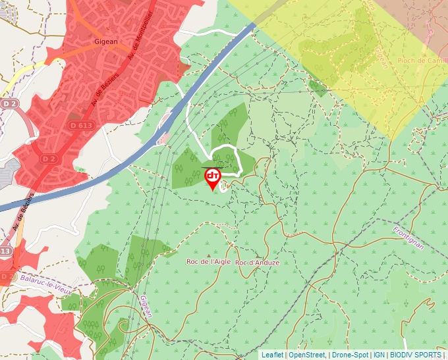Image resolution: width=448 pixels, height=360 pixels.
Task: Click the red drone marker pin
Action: click(x=213, y=178)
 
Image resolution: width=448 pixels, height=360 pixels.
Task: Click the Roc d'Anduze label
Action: click(x=258, y=263)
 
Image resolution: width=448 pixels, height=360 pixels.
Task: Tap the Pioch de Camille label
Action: click(x=422, y=61)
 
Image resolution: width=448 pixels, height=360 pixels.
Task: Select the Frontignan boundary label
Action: click(x=410, y=240)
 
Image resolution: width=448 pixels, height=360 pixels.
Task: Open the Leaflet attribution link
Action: click(x=272, y=355)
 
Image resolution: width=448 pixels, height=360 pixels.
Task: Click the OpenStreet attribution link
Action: click(x=306, y=355)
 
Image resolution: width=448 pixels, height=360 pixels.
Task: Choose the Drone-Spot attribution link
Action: click(x=350, y=355)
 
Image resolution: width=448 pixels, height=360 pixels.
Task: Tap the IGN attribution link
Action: click(x=379, y=355)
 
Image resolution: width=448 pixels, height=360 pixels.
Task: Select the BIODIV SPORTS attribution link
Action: click(x=416, y=355)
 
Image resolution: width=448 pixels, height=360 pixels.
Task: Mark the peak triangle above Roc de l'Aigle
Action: click(x=209, y=255)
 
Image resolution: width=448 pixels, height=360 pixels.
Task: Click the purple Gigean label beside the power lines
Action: click(x=145, y=306)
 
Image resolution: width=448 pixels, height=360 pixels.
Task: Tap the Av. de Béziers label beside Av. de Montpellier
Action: click(x=99, y=92)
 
